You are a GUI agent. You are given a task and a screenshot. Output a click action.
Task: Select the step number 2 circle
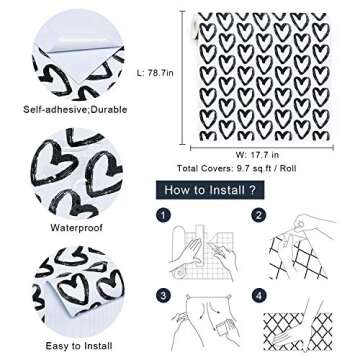(x=258, y=215)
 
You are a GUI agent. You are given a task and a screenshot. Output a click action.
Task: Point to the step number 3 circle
(x=164, y=294)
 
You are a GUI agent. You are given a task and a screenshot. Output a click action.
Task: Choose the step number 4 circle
(x=258, y=294)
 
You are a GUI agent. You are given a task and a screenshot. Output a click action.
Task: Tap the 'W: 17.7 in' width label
(x=259, y=154)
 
